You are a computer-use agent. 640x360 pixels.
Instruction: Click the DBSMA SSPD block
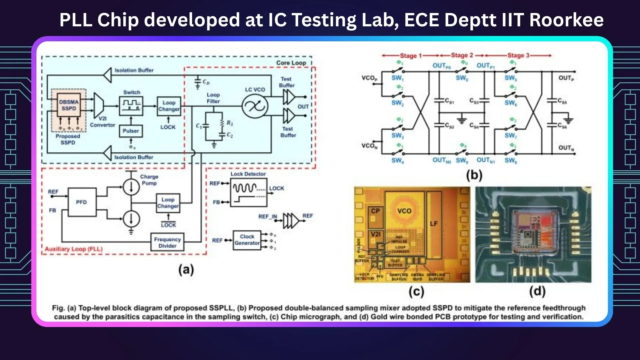point(69,105)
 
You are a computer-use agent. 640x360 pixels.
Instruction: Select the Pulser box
point(131,131)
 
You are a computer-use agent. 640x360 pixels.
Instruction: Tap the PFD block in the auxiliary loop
point(82,202)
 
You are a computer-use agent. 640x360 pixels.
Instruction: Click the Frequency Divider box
point(167,242)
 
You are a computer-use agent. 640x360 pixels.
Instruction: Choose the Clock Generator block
point(247,240)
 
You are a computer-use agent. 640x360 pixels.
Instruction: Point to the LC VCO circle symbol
point(255,106)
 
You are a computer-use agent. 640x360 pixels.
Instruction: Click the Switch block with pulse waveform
point(131,106)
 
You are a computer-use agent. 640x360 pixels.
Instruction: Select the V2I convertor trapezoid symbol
point(99,106)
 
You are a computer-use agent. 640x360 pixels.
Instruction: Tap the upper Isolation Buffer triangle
point(108,75)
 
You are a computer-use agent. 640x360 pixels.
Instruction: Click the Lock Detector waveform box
point(249,193)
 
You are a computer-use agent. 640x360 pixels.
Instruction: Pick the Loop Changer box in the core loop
point(169,106)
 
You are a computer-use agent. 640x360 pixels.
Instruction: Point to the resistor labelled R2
point(222,123)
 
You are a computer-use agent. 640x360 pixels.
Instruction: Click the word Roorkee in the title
point(566,20)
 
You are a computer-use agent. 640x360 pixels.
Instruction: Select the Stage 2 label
point(462,55)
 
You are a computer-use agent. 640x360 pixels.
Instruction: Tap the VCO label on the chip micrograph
point(404,211)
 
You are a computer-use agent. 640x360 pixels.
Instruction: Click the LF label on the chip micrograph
point(434,224)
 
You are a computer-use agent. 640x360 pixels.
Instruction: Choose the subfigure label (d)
point(537,291)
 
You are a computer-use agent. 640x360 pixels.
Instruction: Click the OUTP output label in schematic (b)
point(566,78)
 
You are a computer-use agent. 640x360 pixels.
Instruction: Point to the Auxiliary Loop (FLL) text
point(74,249)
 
